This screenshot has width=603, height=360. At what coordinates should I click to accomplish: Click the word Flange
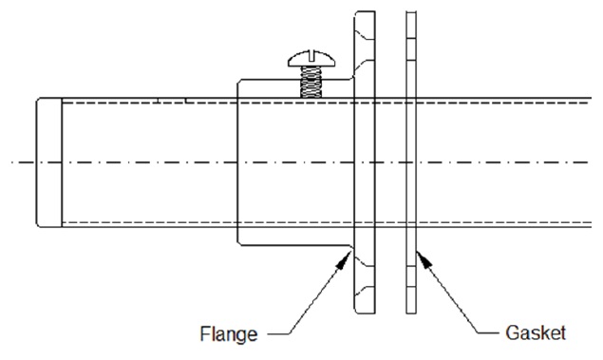point(229,333)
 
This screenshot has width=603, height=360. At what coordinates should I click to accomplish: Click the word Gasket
point(536,332)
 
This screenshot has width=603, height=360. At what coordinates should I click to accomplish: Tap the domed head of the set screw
point(311,59)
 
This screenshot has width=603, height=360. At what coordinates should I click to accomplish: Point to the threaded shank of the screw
point(311,82)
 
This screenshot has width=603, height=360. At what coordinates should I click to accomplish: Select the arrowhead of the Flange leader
point(344,260)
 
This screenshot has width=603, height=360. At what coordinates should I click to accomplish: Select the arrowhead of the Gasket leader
point(424,259)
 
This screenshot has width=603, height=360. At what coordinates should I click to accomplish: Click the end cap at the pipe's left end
point(48,162)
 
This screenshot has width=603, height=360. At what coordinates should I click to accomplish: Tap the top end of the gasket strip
point(411,12)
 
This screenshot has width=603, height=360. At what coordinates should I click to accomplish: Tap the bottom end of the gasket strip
point(411,313)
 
